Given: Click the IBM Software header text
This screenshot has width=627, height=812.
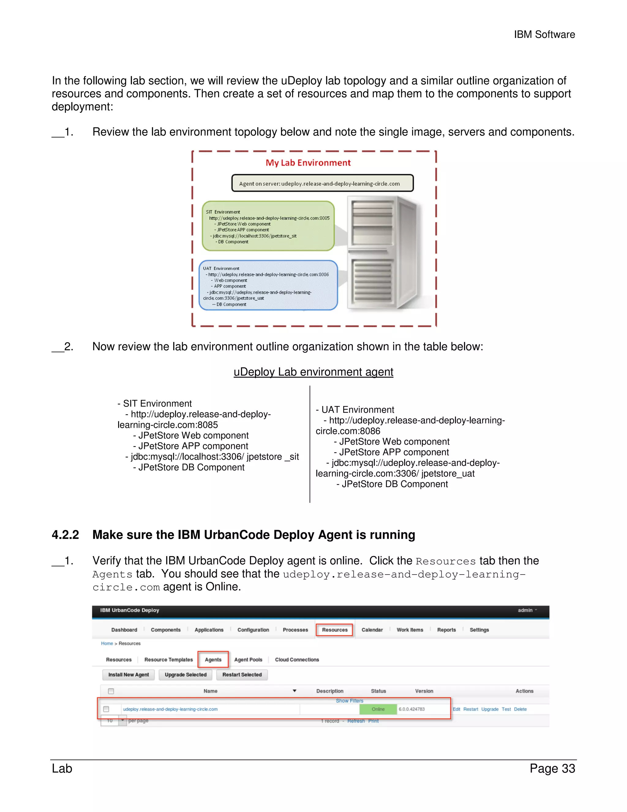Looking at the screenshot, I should tap(544, 35).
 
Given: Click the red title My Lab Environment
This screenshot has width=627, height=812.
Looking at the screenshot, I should tap(308, 163).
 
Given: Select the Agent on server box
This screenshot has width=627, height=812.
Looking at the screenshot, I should tap(322, 183).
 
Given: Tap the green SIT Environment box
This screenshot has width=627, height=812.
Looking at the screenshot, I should tap(268, 226).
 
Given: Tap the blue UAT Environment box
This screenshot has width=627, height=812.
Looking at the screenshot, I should tap(268, 286).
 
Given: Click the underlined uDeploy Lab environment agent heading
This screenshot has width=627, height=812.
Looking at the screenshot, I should tap(313, 372).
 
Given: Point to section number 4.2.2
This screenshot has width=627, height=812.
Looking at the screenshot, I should tap(66, 535).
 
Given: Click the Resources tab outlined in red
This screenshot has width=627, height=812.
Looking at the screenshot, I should tap(334, 630).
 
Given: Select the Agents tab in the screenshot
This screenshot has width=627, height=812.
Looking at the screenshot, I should tap(213, 660).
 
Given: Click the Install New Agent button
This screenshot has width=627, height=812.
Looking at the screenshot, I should tap(129, 674).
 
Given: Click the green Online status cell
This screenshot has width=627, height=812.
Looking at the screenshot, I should tap(378, 709).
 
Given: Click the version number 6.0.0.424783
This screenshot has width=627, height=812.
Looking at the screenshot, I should tap(411, 709).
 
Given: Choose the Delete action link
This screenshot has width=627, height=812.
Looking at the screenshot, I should tap(520, 709).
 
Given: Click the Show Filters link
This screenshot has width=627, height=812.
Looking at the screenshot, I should tap(349, 701).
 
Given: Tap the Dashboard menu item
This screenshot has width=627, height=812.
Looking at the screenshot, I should tap(124, 630).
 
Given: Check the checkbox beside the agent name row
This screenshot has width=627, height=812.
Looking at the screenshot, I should tap(106, 709).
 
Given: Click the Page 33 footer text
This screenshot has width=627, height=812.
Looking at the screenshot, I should tap(552, 768).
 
